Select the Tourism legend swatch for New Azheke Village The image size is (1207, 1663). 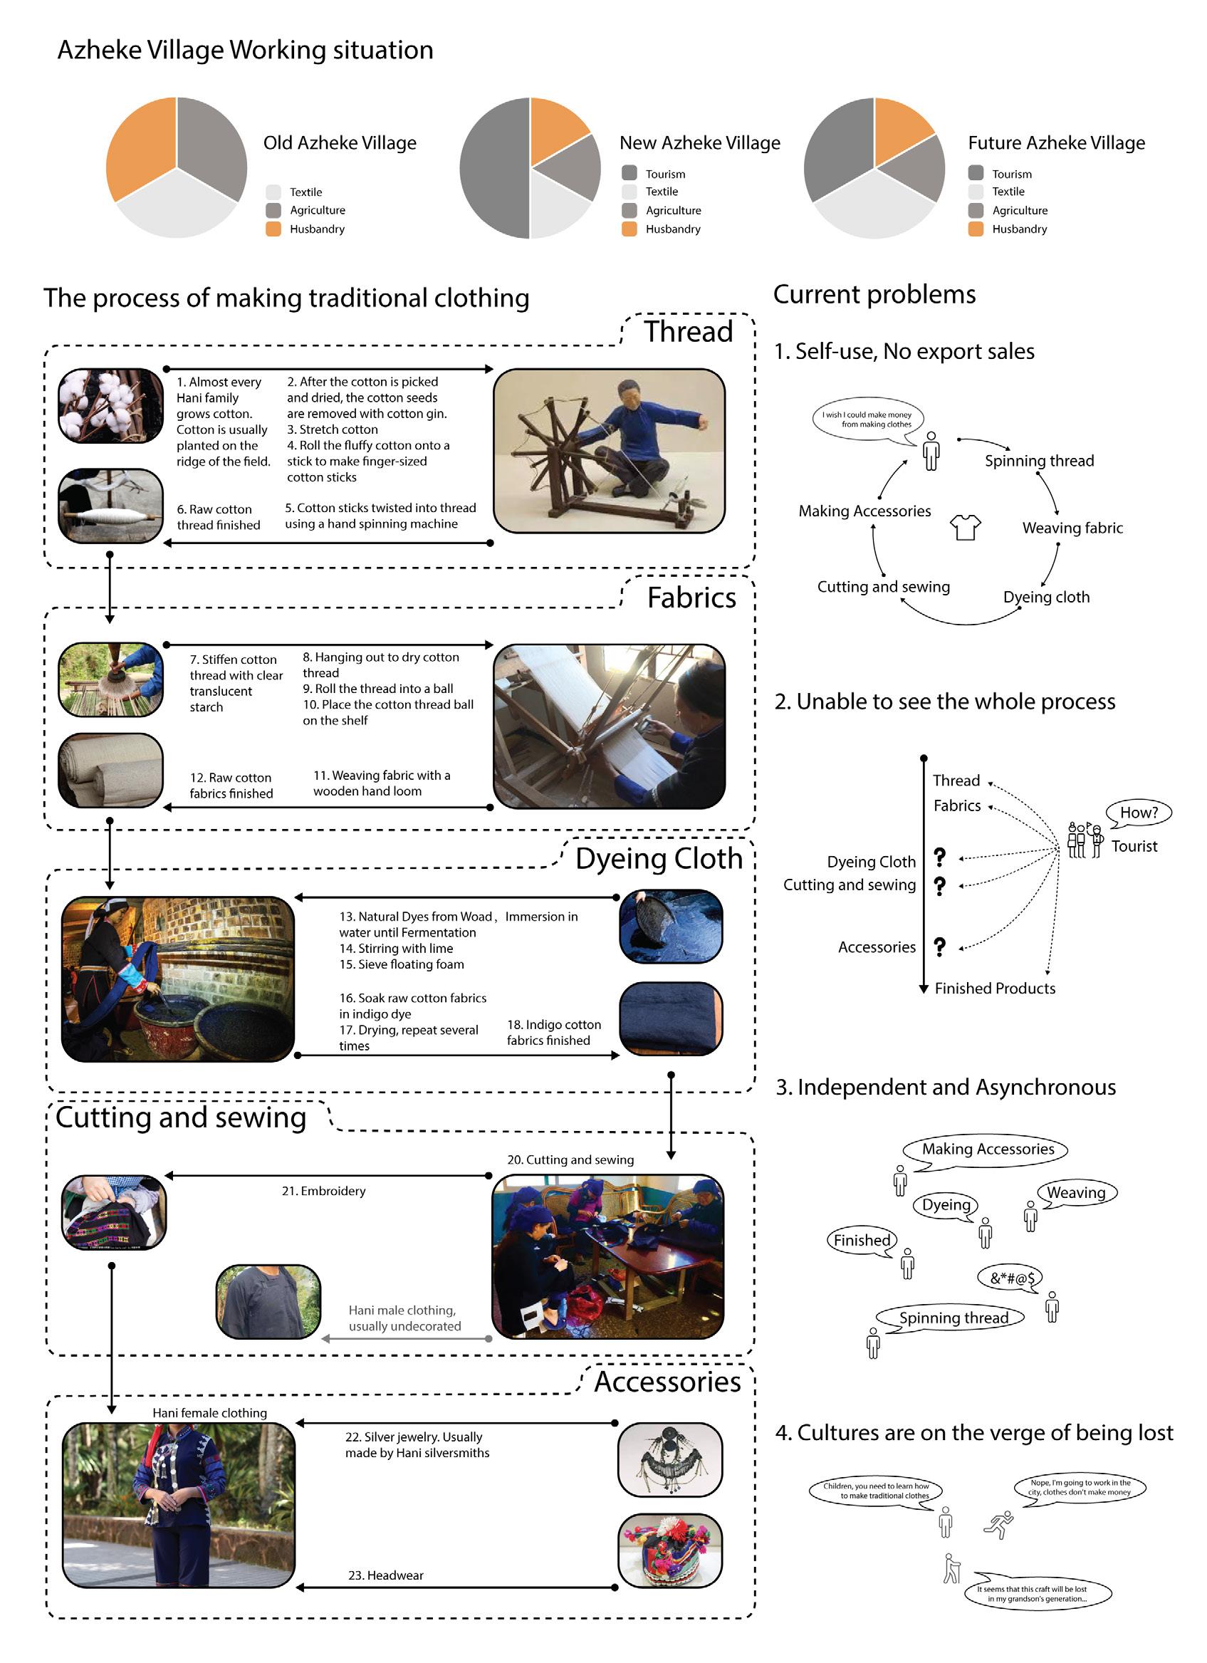click(629, 173)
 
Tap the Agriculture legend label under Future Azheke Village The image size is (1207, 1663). click(1019, 210)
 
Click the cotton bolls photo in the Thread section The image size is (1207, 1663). click(110, 406)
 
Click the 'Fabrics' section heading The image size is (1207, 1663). click(691, 598)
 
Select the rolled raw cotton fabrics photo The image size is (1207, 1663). click(110, 771)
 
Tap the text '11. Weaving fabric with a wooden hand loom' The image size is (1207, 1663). click(381, 783)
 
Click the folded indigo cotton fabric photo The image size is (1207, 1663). click(671, 1018)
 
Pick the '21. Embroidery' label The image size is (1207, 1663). click(323, 1191)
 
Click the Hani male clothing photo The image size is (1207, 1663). click(268, 1300)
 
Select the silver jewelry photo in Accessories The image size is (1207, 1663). click(670, 1460)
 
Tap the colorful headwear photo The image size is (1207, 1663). click(670, 1550)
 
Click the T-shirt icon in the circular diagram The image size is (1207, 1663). click(965, 527)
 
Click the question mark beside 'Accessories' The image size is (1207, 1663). click(939, 947)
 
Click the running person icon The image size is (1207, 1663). click(998, 1524)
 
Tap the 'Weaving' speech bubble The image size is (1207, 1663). click(1077, 1193)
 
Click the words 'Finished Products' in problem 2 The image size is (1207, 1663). click(995, 989)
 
